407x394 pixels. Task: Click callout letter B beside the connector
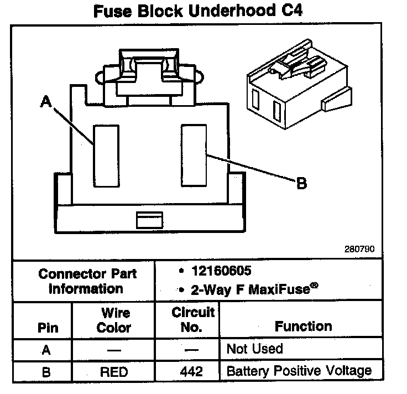point(301,183)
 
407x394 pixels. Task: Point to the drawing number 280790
point(359,249)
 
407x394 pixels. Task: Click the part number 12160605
point(220,271)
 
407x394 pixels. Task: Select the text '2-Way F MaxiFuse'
point(246,289)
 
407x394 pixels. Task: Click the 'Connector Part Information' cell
point(87,281)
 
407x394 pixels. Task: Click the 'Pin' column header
point(47,327)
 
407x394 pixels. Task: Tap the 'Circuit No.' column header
point(192,320)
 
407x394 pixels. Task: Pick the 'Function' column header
point(303,326)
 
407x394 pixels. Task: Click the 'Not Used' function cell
point(254,349)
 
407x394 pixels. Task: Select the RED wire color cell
point(113,371)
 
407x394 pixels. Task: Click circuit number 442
point(191,371)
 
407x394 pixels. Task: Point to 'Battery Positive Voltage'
point(299,371)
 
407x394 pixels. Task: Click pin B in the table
point(46,371)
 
